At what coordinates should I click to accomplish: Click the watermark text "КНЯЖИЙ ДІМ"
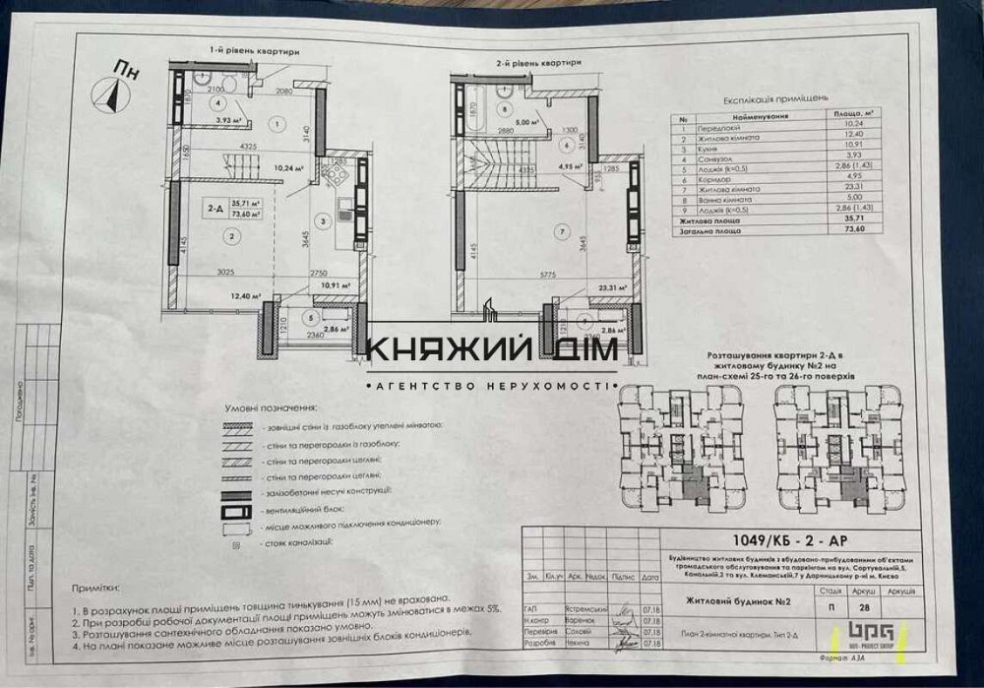coord(492,349)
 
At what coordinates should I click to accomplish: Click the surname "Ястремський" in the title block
coord(590,609)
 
